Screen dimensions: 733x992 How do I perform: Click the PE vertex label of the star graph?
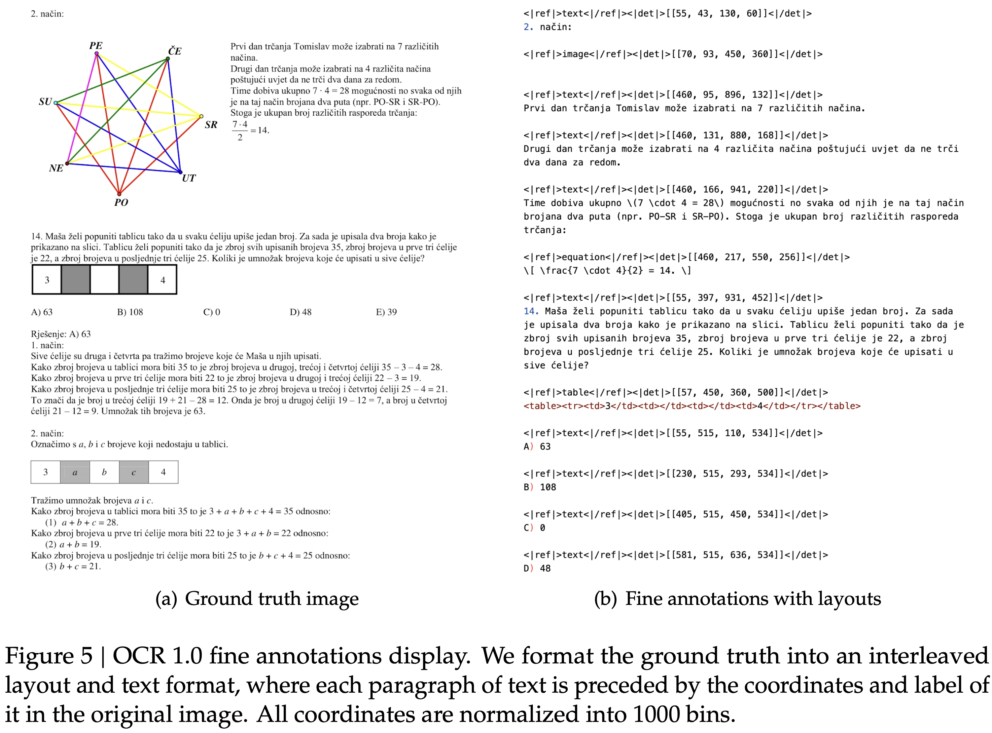[96, 46]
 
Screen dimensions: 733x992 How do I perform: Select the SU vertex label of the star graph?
[45, 102]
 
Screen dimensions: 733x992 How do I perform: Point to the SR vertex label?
[211, 125]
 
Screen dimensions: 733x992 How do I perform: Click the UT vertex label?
[189, 178]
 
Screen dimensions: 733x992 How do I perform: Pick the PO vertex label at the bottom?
[121, 202]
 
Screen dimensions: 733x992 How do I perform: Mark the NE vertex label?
[56, 168]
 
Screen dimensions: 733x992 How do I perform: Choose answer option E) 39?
[386, 312]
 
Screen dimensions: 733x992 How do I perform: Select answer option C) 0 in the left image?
[211, 312]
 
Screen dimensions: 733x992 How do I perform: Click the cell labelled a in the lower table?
[75, 472]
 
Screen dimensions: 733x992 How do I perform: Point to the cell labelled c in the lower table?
[134, 472]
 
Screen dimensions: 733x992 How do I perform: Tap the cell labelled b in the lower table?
[104, 472]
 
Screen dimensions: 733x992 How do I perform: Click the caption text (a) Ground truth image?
[257, 598]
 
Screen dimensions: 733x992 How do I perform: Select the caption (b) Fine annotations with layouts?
[737, 598]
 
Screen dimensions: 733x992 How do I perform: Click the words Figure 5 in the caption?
[49, 656]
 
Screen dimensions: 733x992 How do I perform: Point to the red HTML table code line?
[692, 406]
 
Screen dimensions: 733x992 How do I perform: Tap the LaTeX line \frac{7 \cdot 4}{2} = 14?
[607, 271]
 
